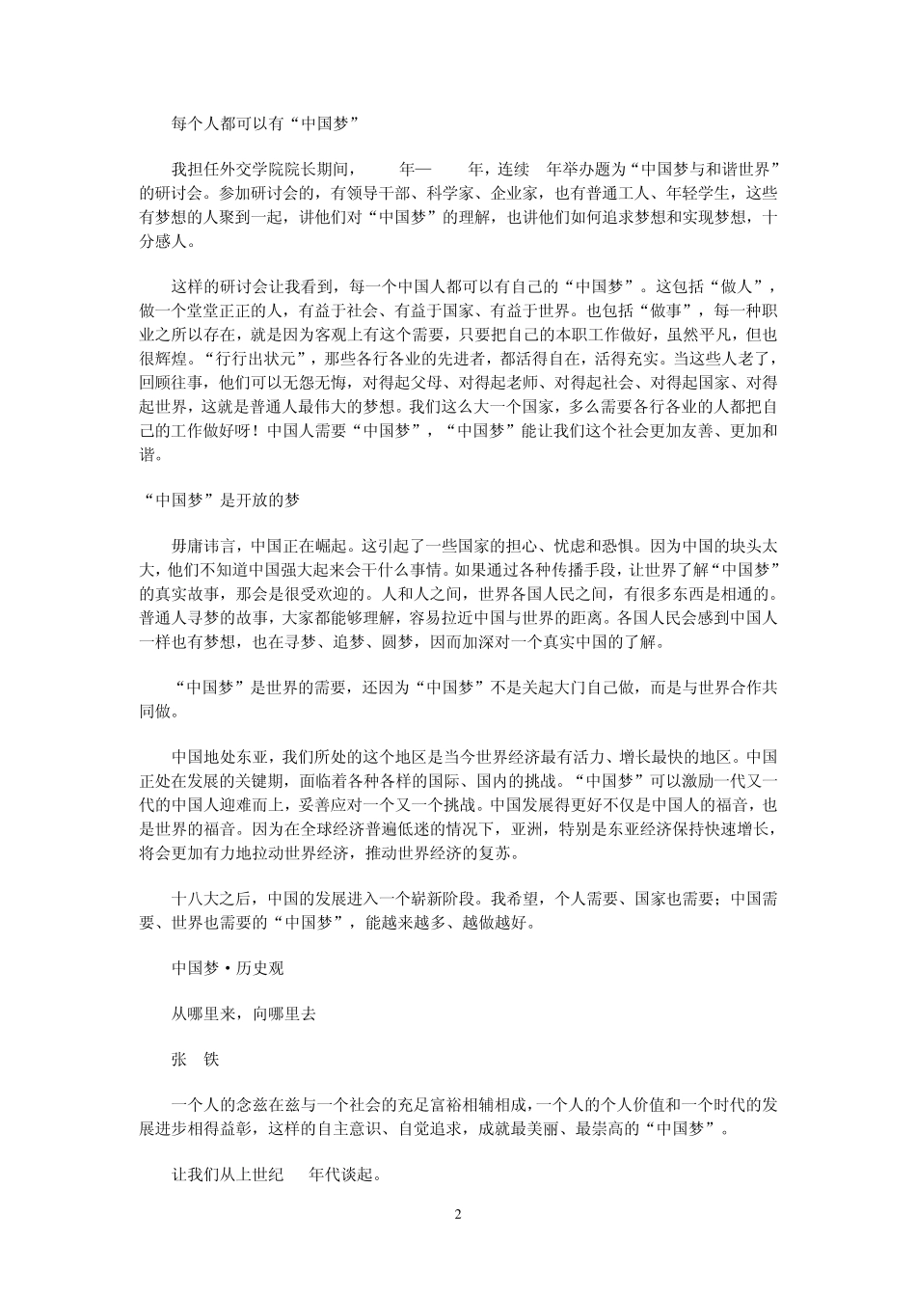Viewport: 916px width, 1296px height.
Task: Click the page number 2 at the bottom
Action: click(x=458, y=1213)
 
